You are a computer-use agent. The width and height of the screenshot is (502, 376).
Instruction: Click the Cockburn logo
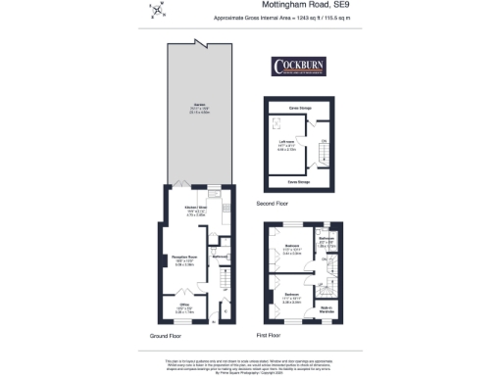coord(298,67)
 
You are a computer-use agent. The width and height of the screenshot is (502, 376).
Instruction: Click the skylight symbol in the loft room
coord(276,123)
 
